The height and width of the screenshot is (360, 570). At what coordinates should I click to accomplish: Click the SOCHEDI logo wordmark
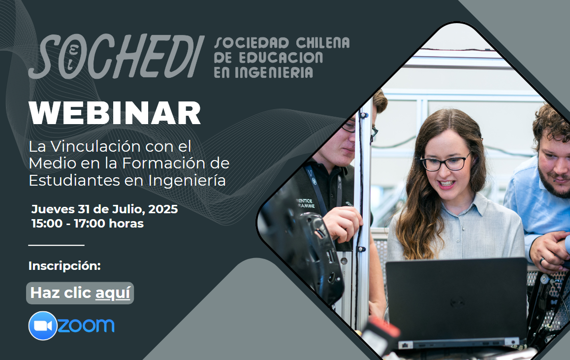[x=116, y=56]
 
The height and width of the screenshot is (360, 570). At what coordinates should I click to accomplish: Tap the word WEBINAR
[x=115, y=113]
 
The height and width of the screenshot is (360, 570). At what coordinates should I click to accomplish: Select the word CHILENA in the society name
[x=323, y=43]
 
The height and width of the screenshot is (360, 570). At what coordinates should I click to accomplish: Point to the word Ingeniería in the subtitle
[x=187, y=181]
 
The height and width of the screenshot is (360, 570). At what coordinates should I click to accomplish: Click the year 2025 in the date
[x=163, y=209]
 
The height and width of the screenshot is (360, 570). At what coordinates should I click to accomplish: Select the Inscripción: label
[x=64, y=266]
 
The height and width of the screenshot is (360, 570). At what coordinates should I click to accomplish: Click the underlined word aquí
[x=113, y=293]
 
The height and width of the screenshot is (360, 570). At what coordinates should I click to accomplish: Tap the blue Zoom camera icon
[x=43, y=326]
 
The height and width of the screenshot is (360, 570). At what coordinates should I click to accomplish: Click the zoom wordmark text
[x=86, y=325]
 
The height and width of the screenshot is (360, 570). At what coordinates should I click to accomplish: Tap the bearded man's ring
[x=541, y=261]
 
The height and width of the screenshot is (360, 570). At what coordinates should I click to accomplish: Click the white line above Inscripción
[x=56, y=245]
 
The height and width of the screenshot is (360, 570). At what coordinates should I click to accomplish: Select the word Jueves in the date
[x=53, y=209]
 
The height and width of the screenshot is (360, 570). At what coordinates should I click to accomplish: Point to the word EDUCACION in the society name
[x=281, y=58]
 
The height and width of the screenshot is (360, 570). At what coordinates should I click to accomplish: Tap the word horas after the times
[x=127, y=223]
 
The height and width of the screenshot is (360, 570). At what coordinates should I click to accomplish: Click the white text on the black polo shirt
[x=305, y=203]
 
